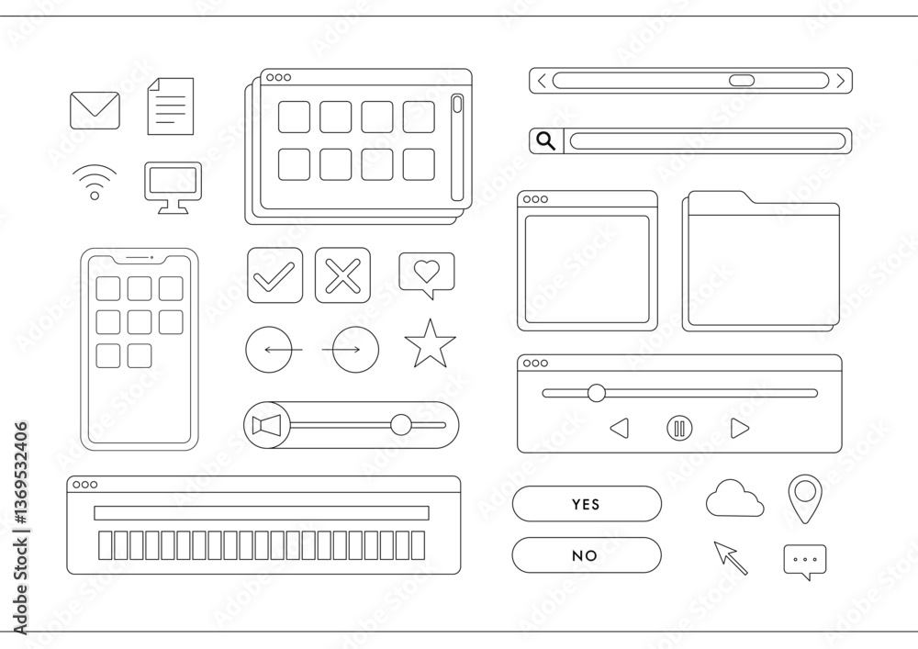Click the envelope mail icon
(x=95, y=110)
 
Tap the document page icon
(x=171, y=106)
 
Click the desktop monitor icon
(x=174, y=187)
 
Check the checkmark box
(x=275, y=275)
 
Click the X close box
(x=343, y=275)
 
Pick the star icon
(x=431, y=344)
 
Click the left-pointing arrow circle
(x=269, y=350)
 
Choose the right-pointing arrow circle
(x=355, y=350)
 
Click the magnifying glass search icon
(x=546, y=141)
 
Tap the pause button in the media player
(x=679, y=429)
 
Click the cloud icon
(x=734, y=498)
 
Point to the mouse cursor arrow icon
(x=730, y=558)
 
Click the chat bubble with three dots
(x=805, y=560)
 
